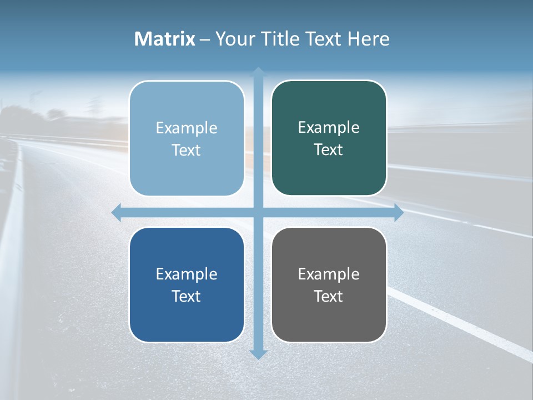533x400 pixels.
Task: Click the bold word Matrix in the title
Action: (164, 39)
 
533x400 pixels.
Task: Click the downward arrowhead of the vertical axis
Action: (258, 354)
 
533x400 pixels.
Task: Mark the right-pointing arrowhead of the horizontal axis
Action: (399, 212)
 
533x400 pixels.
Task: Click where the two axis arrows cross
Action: (258, 212)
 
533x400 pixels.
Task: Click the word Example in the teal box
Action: (329, 128)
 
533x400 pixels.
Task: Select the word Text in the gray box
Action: (329, 296)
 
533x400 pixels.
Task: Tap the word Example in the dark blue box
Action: (187, 274)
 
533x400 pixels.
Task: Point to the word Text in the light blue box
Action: (187, 150)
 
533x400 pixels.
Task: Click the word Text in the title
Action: (323, 39)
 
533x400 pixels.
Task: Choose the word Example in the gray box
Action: (329, 274)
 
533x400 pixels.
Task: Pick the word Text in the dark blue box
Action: (187, 296)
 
